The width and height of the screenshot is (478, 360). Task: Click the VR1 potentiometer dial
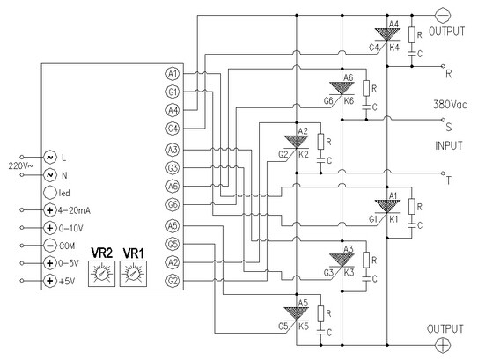point(133,274)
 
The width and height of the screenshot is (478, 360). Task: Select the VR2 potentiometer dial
point(101,274)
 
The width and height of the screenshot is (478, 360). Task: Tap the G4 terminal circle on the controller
point(173,128)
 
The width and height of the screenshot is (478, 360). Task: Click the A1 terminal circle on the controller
point(173,73)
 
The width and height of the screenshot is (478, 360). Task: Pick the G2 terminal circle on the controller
point(173,281)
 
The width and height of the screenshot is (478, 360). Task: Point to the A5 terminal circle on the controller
point(173,226)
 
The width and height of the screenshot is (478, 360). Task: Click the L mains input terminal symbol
point(50,158)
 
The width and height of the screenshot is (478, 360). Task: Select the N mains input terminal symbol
point(50,175)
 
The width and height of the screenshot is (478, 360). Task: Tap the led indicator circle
point(50,193)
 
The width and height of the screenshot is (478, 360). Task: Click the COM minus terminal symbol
point(50,246)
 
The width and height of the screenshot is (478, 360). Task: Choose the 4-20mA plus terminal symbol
point(50,210)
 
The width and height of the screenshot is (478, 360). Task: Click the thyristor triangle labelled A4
point(386,34)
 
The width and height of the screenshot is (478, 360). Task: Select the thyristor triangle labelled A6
point(342,88)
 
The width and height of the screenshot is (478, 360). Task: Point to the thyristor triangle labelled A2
point(296,142)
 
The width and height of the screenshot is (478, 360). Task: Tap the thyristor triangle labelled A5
point(296,313)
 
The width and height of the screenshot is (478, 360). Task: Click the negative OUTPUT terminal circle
point(443,15)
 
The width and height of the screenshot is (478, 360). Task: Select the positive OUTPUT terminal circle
point(443,345)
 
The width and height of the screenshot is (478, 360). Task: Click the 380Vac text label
point(450,105)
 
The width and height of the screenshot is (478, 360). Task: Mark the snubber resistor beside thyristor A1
point(412,206)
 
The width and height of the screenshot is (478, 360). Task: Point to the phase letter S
point(449,127)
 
